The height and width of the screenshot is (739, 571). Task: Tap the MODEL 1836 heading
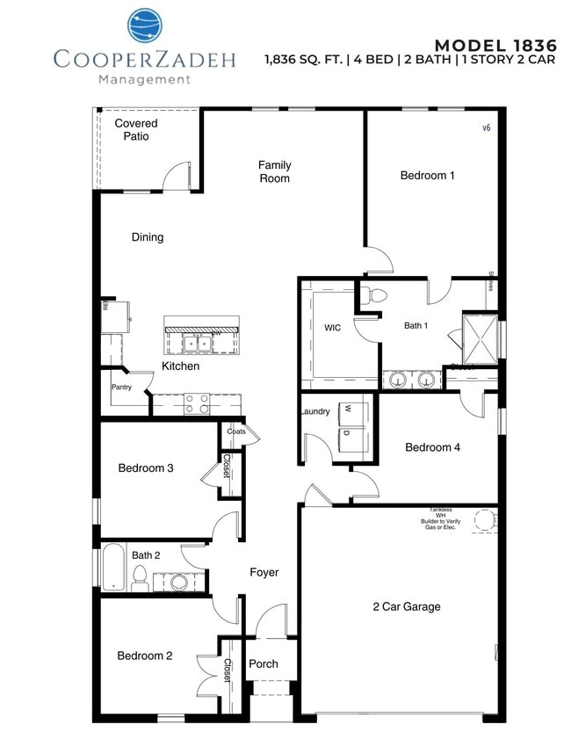click(x=496, y=45)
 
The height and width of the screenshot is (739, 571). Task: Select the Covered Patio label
click(x=136, y=130)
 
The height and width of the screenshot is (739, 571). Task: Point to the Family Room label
click(x=274, y=171)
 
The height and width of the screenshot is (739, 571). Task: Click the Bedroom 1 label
click(x=427, y=176)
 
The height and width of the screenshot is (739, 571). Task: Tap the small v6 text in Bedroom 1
click(x=486, y=128)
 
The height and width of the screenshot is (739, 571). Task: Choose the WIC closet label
click(x=332, y=328)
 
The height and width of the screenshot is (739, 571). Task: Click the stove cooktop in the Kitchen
click(x=196, y=403)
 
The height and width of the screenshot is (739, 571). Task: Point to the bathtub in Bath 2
click(x=114, y=569)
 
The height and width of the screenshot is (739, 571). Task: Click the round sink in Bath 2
click(x=179, y=582)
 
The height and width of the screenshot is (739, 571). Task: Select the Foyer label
click(x=264, y=572)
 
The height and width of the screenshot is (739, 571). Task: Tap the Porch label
click(x=263, y=663)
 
